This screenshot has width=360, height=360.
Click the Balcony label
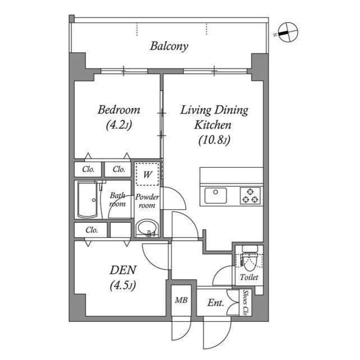pyautogui.click(x=169, y=46)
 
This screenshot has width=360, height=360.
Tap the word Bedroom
pyautogui.click(x=118, y=110)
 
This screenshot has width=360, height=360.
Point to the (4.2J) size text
pyautogui.click(x=118, y=125)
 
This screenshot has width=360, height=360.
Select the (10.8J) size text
pyautogui.click(x=214, y=141)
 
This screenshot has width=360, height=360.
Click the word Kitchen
pyautogui.click(x=213, y=125)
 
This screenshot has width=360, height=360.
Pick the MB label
pyautogui.click(x=181, y=300)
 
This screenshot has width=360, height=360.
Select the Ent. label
pyautogui.click(x=215, y=303)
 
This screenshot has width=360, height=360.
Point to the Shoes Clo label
pyautogui.click(x=246, y=302)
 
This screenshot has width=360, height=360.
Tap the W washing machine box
pyautogui.click(x=147, y=174)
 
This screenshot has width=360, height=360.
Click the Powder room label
pyautogui.click(x=147, y=201)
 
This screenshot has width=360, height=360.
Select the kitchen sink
pyautogui.click(x=215, y=195)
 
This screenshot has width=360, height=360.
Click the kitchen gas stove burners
pyautogui.click(x=250, y=195)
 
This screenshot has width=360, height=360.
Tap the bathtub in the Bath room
pyautogui.click(x=87, y=200)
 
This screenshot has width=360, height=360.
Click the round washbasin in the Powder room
pyautogui.click(x=147, y=228)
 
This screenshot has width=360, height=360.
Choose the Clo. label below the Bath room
pyautogui.click(x=92, y=229)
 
